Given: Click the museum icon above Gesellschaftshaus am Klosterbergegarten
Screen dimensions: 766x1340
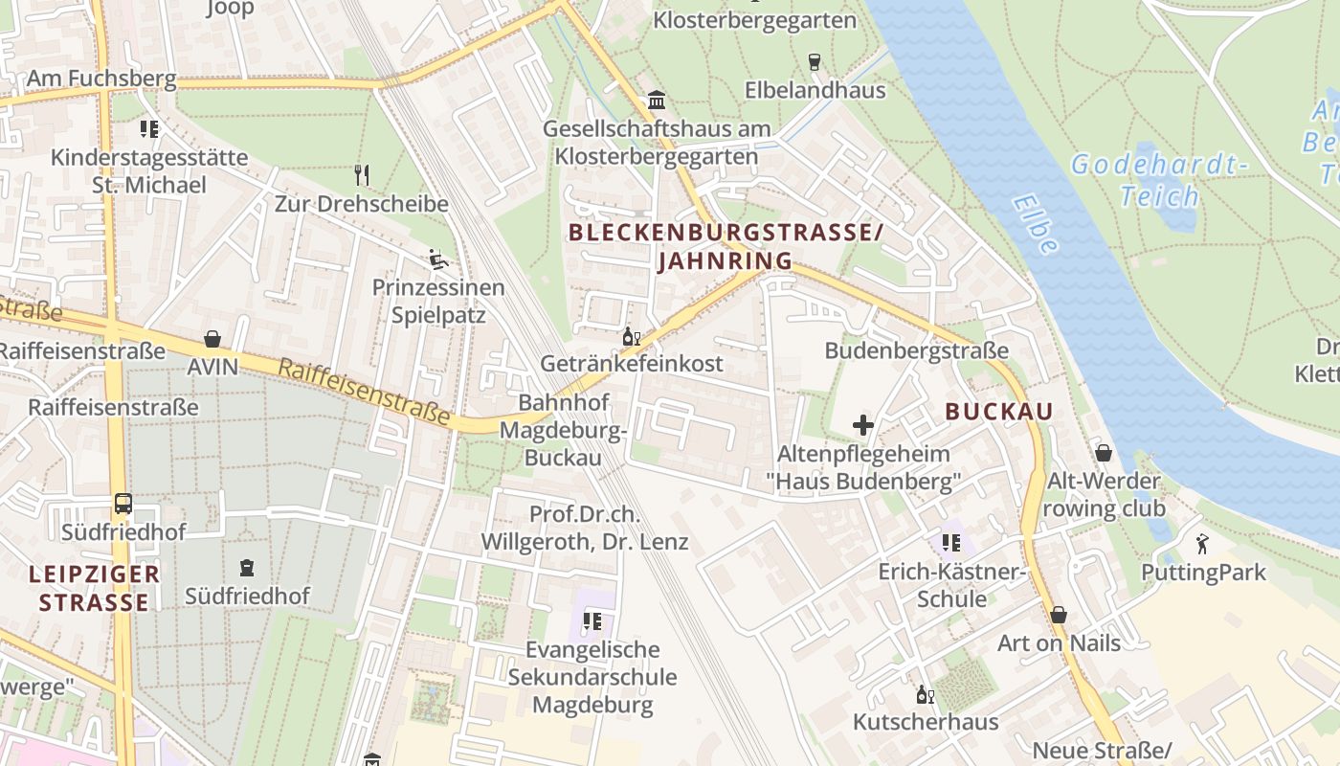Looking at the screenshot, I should click(x=658, y=100).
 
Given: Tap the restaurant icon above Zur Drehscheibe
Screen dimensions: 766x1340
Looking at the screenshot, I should click(x=362, y=174).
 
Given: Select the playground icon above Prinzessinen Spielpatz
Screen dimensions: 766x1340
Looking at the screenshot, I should click(x=437, y=259).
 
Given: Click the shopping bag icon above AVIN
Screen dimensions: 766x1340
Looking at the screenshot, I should click(x=212, y=339).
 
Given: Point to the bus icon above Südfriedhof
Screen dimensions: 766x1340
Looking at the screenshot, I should click(x=123, y=503).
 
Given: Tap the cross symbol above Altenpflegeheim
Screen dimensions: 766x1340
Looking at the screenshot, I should click(x=863, y=424).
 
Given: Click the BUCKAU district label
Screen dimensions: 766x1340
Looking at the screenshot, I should click(x=998, y=412).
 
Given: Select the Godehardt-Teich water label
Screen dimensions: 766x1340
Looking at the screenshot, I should click(x=1159, y=180).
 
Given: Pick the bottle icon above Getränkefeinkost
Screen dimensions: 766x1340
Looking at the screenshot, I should click(x=632, y=336).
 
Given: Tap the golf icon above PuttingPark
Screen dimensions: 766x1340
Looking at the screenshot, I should click(x=1202, y=544).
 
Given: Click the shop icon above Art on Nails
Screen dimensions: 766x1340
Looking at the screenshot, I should click(x=1059, y=614).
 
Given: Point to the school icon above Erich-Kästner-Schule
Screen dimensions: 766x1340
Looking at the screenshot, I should click(x=951, y=543).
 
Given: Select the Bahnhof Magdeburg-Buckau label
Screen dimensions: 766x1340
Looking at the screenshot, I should click(x=563, y=430).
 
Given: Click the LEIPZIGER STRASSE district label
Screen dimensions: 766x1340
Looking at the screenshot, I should click(x=94, y=588).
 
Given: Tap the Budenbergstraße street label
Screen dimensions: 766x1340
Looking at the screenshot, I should click(x=916, y=350).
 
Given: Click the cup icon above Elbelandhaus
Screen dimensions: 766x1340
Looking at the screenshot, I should click(x=815, y=62).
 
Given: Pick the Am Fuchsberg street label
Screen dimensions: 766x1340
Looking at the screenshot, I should click(x=101, y=79).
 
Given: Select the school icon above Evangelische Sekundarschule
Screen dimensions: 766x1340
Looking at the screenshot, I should click(x=592, y=621).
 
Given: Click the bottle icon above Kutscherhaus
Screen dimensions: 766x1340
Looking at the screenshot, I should click(x=925, y=694).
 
